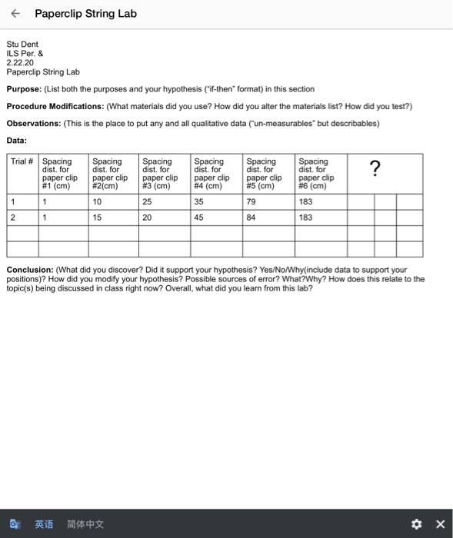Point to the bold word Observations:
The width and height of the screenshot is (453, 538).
click(x=32, y=123)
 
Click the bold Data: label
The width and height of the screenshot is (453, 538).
click(x=16, y=140)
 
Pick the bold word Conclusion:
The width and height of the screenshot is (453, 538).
click(x=28, y=270)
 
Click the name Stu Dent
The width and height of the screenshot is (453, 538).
click(x=22, y=45)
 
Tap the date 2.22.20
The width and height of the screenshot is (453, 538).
click(x=19, y=63)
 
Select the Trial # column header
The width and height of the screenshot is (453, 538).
click(x=22, y=161)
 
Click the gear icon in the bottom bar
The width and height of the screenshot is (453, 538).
click(x=417, y=524)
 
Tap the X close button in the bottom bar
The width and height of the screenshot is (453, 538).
click(x=440, y=524)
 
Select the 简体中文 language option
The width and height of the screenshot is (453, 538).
click(x=85, y=524)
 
